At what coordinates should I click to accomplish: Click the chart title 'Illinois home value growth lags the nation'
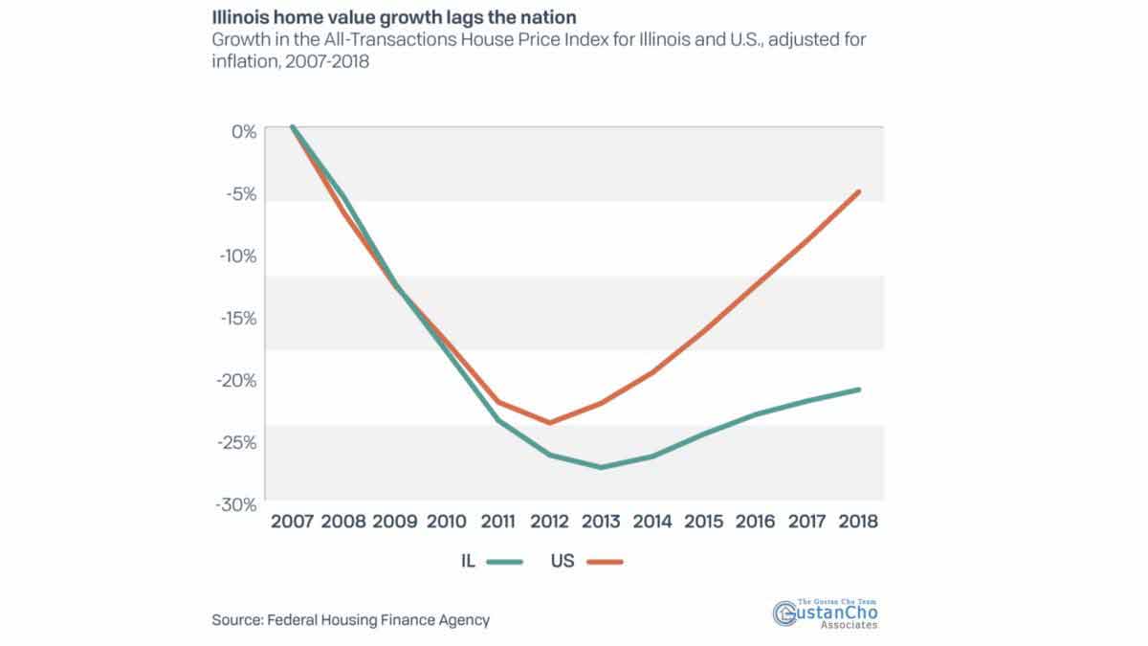[393, 17]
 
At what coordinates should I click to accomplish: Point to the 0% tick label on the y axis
[244, 131]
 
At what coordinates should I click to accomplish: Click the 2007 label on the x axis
[293, 522]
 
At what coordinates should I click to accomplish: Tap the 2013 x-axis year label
[601, 522]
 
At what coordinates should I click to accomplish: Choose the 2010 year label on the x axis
[446, 522]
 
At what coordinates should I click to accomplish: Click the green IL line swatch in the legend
[504, 562]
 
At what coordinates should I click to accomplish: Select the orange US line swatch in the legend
[604, 562]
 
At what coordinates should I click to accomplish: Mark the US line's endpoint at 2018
[860, 191]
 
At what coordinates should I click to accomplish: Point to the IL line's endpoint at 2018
[860, 390]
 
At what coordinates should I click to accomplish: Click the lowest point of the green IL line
[601, 467]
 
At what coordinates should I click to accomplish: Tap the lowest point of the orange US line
[550, 422]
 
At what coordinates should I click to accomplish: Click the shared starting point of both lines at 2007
[293, 126]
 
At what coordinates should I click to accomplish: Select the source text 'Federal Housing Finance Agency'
[377, 620]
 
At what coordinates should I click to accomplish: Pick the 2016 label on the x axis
[756, 522]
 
